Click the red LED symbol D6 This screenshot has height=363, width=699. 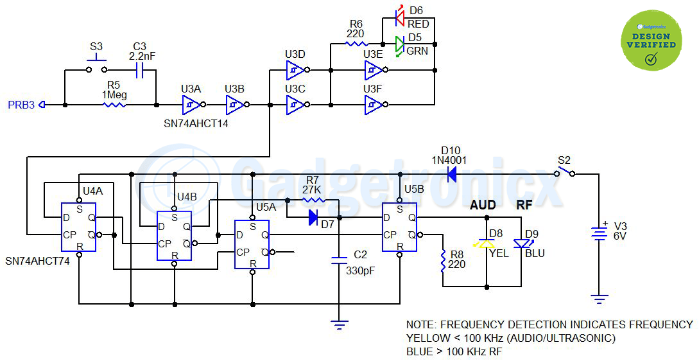click(x=399, y=17)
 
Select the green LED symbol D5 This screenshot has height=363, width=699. click(x=399, y=45)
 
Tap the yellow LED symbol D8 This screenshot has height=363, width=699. click(x=487, y=243)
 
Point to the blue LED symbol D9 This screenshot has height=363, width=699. click(x=521, y=243)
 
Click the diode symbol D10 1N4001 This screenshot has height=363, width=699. click(x=451, y=173)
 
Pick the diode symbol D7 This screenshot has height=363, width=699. click(x=313, y=218)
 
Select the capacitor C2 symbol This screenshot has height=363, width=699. click(x=338, y=260)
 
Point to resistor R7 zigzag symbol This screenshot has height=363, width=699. click(x=313, y=200)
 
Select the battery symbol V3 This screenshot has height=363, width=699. click(x=599, y=235)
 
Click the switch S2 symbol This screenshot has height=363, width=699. click(x=564, y=172)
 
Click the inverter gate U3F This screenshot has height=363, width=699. click(x=374, y=104)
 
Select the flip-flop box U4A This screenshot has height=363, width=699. click(x=78, y=227)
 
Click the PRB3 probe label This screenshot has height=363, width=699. click(x=21, y=105)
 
